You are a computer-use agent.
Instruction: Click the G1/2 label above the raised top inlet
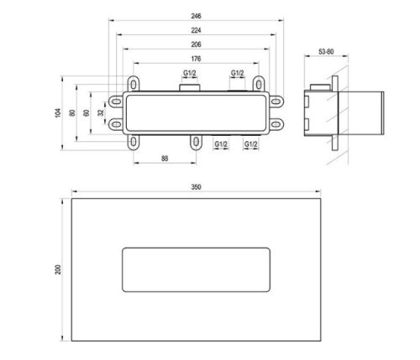coord(190,74)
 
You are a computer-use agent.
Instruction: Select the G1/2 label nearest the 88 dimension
coord(222,144)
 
